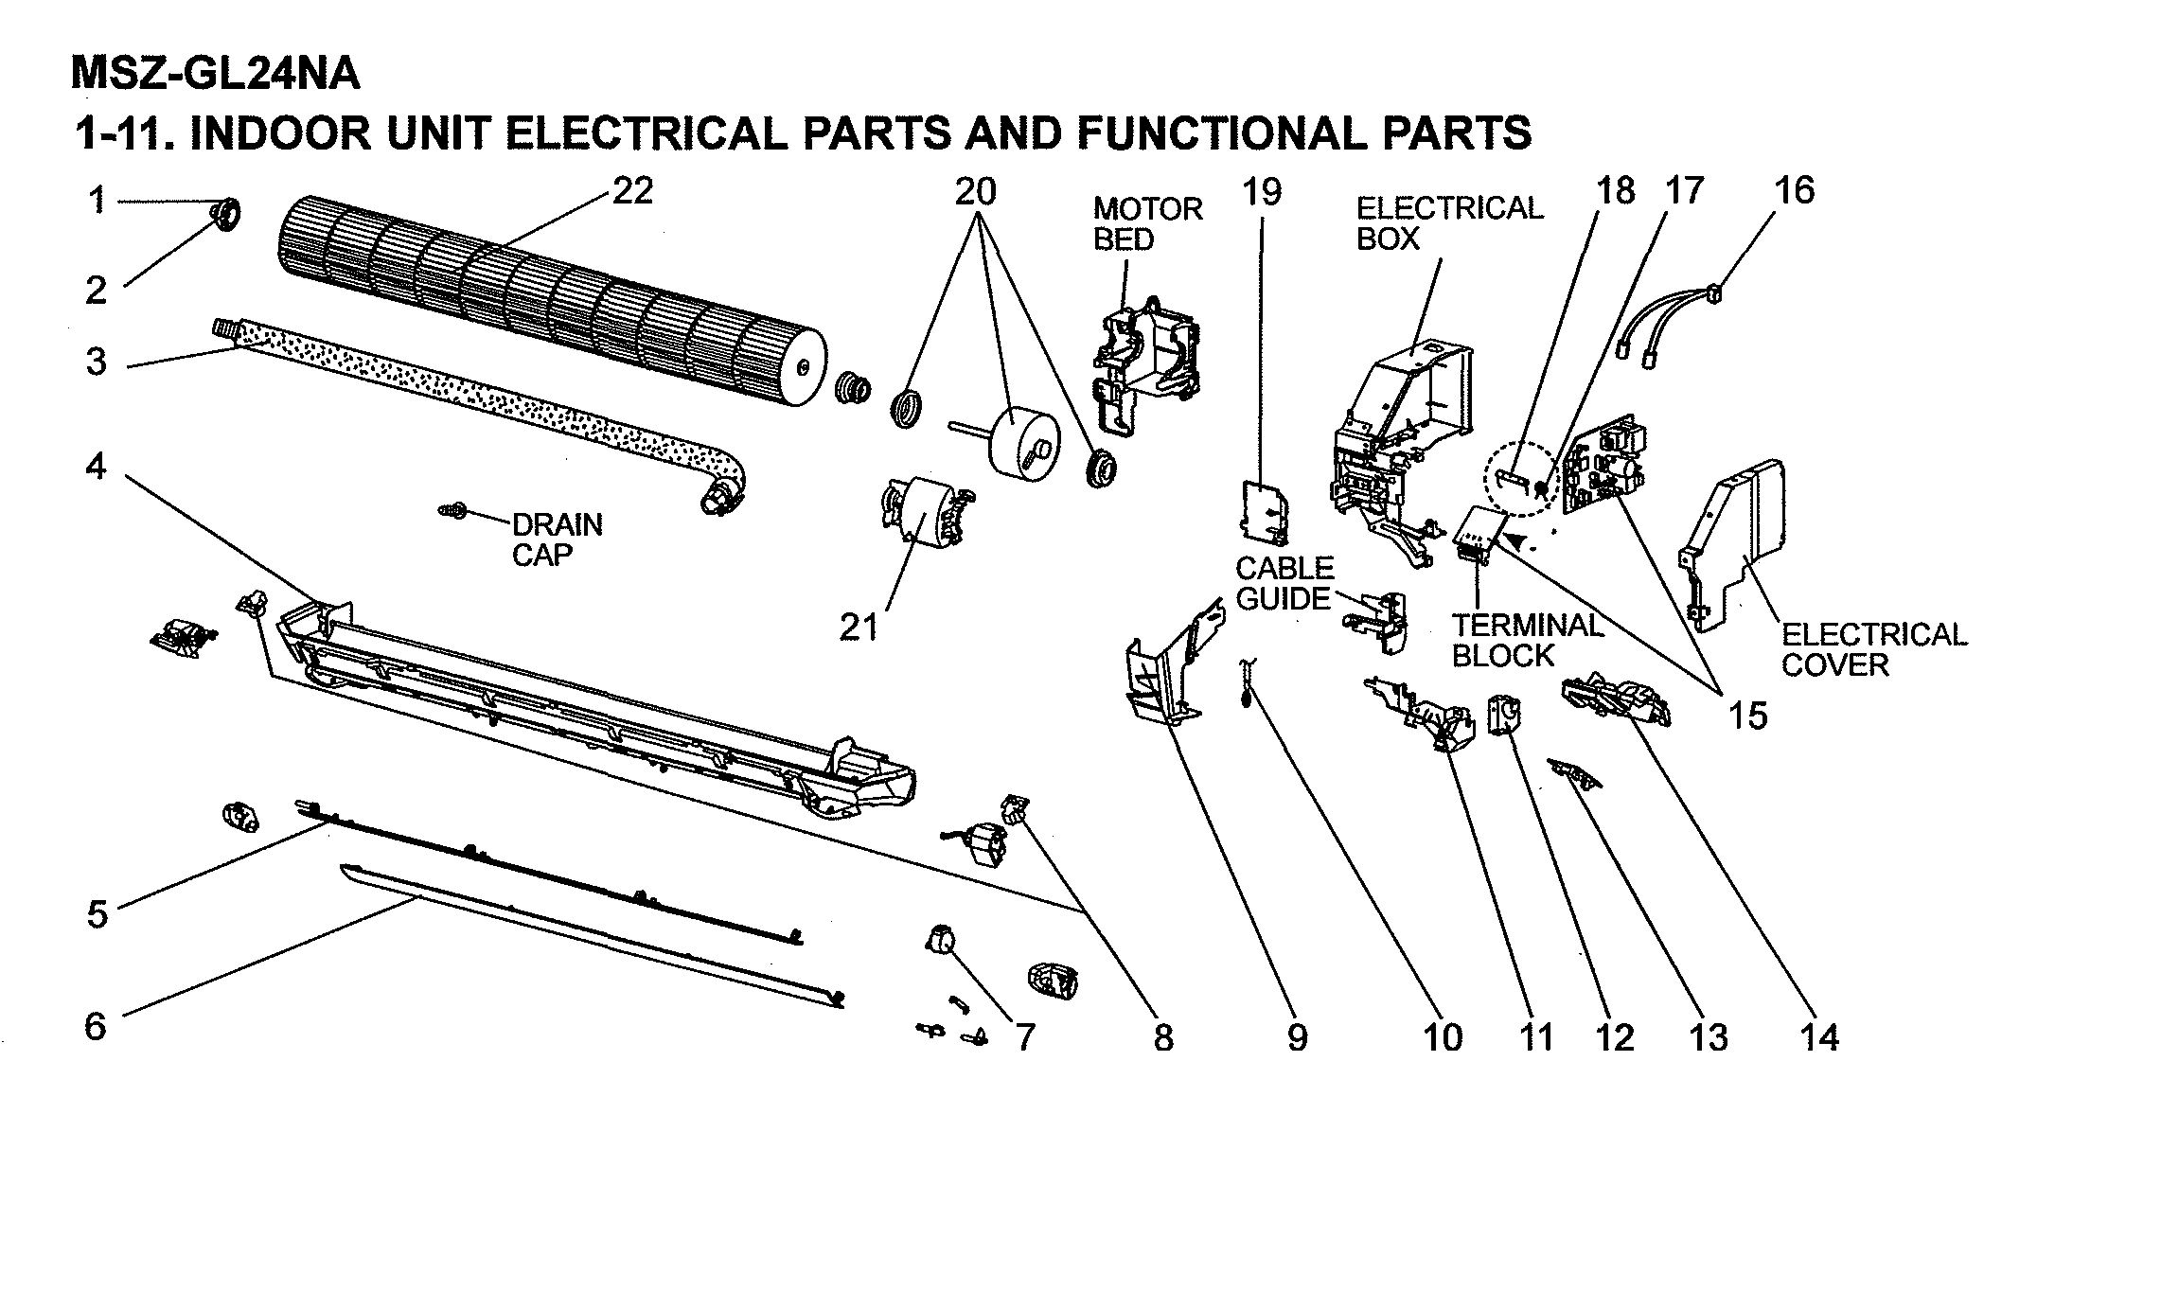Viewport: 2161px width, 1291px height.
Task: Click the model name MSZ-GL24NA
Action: pyautogui.click(x=216, y=74)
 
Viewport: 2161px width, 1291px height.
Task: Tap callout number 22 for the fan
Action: pyautogui.click(x=632, y=191)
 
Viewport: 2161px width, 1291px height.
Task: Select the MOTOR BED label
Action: pyautogui.click(x=1147, y=224)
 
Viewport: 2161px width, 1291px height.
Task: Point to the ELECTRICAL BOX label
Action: pyautogui.click(x=1449, y=223)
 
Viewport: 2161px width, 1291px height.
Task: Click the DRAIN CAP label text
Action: pyautogui.click(x=557, y=539)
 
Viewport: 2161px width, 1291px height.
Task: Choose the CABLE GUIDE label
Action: pyautogui.click(x=1284, y=583)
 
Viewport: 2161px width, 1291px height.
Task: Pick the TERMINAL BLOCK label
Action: pyautogui.click(x=1527, y=641)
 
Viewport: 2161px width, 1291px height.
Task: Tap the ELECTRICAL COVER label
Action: pyautogui.click(x=1873, y=649)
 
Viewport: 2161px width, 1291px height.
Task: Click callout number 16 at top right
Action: pyautogui.click(x=1794, y=190)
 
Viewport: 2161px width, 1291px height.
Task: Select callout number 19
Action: pyautogui.click(x=1261, y=192)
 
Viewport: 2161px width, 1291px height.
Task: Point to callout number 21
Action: pyautogui.click(x=859, y=628)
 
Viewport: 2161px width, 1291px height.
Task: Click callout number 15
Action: pyautogui.click(x=1747, y=716)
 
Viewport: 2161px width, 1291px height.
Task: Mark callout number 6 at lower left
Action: pyautogui.click(x=96, y=1026)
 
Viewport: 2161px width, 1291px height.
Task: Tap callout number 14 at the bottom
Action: pyautogui.click(x=1818, y=1038)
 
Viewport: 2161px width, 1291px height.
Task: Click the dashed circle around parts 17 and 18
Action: pyautogui.click(x=1521, y=480)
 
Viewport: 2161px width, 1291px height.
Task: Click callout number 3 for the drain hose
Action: pyautogui.click(x=97, y=363)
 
